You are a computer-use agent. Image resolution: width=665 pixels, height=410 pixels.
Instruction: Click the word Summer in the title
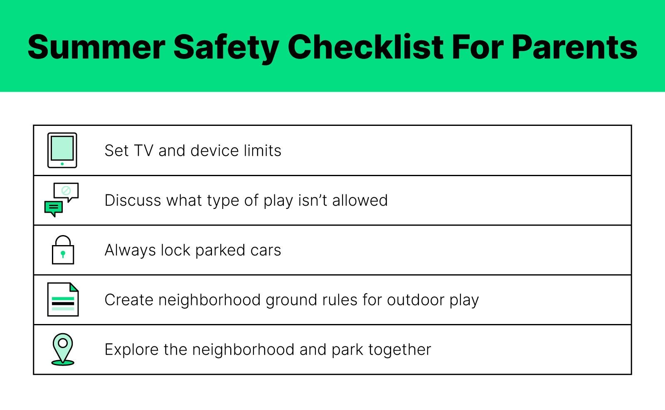click(96, 47)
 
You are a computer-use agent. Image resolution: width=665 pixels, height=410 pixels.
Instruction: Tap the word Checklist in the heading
click(365, 47)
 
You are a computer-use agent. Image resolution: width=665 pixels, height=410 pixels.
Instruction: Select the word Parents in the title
click(574, 47)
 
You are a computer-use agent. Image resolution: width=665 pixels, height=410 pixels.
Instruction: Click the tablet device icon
click(62, 150)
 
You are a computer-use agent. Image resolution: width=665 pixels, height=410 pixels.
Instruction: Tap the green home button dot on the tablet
click(62, 164)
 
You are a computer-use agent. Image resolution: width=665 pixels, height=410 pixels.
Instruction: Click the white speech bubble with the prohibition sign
click(66, 192)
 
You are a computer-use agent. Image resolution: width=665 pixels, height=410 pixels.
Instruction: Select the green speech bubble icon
click(54, 209)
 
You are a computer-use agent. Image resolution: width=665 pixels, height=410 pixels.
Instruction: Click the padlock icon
click(63, 250)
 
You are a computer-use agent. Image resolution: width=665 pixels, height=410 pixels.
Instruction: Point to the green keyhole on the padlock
click(63, 254)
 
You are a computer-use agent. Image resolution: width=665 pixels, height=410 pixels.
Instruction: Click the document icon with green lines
click(63, 300)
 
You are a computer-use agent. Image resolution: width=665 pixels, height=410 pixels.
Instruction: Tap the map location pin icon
click(63, 349)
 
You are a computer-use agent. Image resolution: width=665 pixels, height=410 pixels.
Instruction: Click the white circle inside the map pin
click(63, 343)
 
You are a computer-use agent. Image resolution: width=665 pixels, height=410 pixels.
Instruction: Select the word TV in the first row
click(144, 150)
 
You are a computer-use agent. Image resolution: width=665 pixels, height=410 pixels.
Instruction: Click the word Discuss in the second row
click(133, 200)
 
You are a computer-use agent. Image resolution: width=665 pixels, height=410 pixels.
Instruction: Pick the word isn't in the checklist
click(312, 200)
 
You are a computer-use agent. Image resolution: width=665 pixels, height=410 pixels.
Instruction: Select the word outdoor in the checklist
click(416, 300)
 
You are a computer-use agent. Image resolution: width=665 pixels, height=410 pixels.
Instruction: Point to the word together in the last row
click(399, 350)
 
